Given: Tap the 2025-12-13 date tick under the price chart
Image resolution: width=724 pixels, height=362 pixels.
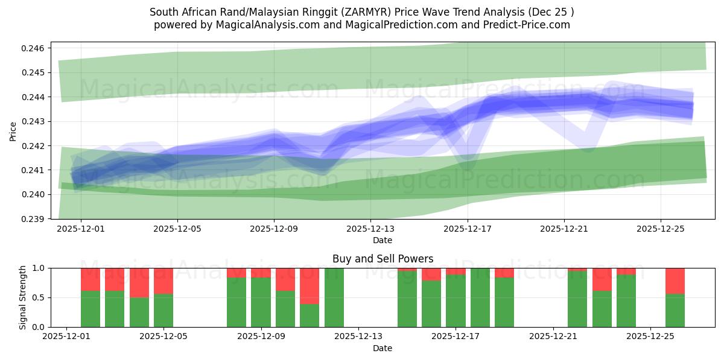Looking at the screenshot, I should tap(370, 229).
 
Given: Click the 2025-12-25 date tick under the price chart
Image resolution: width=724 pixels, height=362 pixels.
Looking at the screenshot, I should tap(660, 229).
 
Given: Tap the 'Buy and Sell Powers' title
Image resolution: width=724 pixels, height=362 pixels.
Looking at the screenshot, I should tap(383, 259).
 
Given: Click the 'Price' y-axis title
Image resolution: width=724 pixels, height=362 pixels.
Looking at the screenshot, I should tap(13, 130).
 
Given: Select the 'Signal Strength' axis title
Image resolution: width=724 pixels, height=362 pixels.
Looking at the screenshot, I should tap(23, 297).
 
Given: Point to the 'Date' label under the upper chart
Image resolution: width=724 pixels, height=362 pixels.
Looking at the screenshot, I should tap(383, 240).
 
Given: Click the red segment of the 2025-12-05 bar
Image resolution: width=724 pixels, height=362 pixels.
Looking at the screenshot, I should tap(164, 281).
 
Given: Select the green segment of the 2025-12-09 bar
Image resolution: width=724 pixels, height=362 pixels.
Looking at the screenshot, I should tap(261, 302).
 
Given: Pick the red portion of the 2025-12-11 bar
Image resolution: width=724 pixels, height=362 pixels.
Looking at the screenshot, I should tap(310, 286).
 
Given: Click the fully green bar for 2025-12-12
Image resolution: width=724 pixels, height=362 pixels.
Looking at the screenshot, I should tap(334, 297).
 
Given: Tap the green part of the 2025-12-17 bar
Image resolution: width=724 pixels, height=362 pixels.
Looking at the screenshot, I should tap(456, 301).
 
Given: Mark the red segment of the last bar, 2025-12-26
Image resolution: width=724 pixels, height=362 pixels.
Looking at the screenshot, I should tap(675, 281).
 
